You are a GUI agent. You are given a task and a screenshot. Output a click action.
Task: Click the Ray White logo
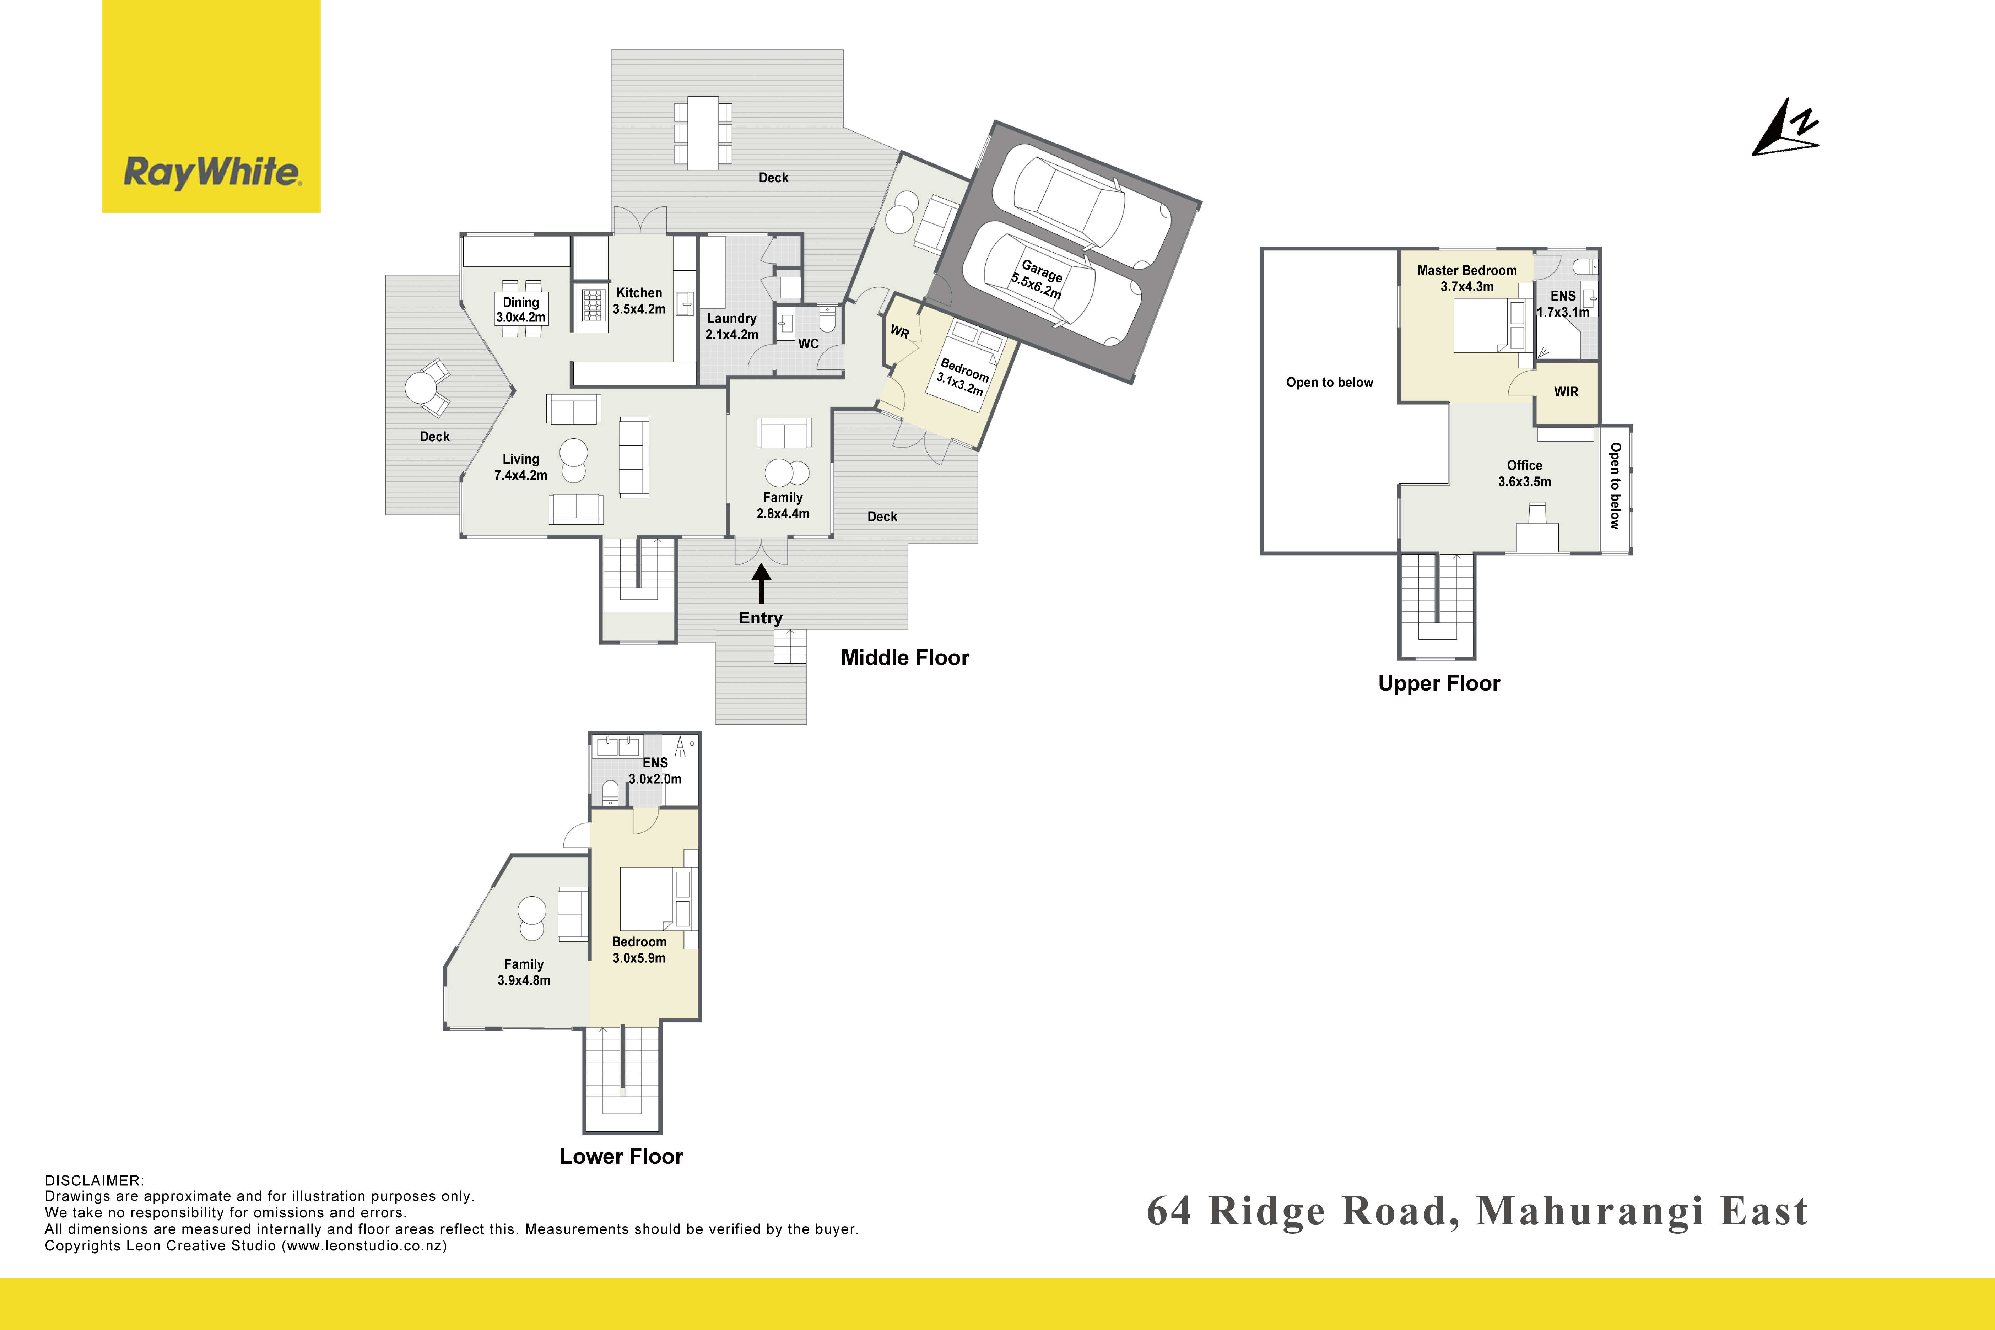click(211, 106)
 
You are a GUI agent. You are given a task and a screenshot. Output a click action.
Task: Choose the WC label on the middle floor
click(809, 344)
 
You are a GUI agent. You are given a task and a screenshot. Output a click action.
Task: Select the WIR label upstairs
click(1566, 392)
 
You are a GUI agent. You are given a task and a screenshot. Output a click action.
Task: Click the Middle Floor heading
click(904, 658)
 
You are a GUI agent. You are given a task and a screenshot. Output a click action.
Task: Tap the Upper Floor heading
click(1439, 684)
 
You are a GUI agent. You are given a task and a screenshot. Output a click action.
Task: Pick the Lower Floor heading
click(621, 1156)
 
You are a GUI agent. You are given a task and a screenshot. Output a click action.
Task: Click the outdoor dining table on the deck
click(703, 133)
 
